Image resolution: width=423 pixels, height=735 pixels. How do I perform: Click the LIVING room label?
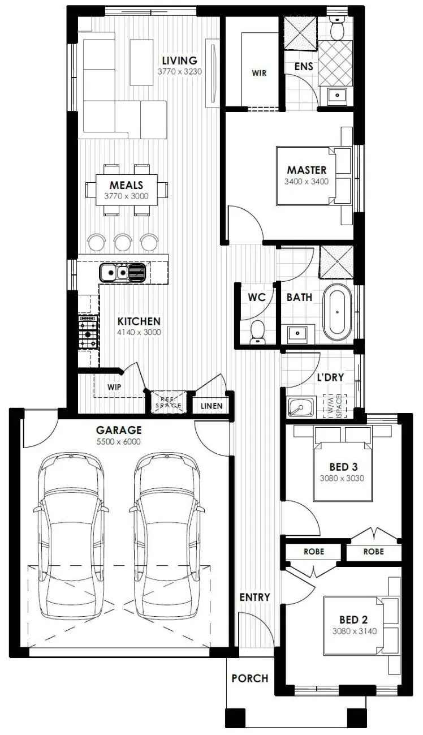[x=179, y=61]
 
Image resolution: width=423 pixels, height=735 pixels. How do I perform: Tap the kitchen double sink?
[x=123, y=273]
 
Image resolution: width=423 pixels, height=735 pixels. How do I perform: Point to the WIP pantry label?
[x=114, y=387]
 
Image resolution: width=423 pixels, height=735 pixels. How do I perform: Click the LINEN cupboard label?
[x=211, y=406]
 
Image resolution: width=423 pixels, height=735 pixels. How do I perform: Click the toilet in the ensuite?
[x=338, y=28]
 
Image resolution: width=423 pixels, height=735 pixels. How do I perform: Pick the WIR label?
[x=259, y=73]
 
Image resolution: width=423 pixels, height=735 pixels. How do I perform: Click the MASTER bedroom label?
[x=307, y=170]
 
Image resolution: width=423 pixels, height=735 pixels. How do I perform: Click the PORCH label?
[x=249, y=678]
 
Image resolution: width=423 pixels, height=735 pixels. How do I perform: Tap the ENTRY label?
[x=254, y=597]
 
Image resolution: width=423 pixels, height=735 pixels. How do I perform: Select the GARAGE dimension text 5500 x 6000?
[x=119, y=442]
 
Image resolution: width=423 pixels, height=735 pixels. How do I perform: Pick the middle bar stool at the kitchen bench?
[x=123, y=242]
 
